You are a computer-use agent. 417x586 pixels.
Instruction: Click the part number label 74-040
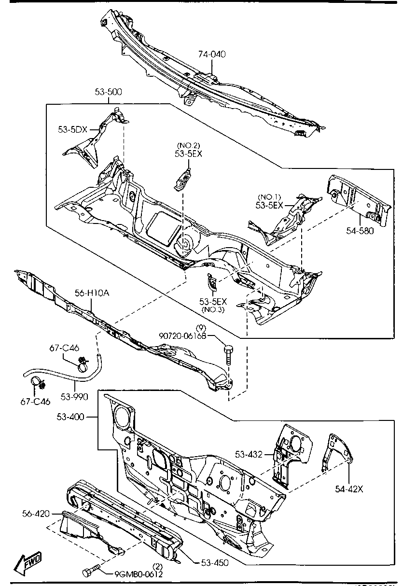point(212,55)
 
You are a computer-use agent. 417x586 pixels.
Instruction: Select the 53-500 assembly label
point(108,92)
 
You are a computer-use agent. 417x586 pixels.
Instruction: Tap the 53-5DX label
point(72,129)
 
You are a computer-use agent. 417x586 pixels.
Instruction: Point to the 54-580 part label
point(360,231)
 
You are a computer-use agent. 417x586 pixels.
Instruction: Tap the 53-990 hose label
point(75,397)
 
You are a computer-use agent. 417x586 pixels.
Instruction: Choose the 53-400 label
point(70,416)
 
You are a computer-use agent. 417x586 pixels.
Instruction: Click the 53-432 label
point(249,454)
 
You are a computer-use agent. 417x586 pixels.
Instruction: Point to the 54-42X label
point(349,489)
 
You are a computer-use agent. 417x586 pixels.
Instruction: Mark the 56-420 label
point(36,513)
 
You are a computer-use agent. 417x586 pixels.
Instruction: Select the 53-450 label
point(214,562)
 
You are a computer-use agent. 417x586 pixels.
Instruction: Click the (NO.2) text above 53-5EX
point(188,145)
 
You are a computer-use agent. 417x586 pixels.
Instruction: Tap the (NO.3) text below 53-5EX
point(212,309)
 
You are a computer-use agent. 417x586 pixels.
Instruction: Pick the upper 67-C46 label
point(64,348)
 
